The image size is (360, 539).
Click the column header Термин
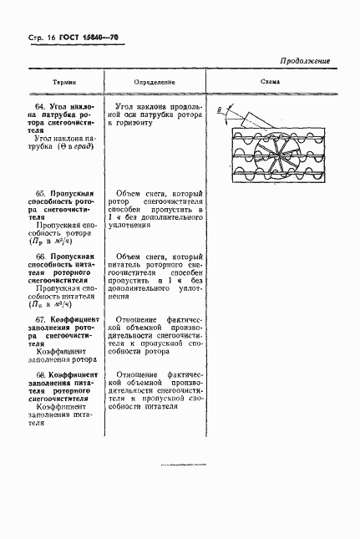[63, 84]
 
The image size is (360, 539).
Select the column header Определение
[155, 84]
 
